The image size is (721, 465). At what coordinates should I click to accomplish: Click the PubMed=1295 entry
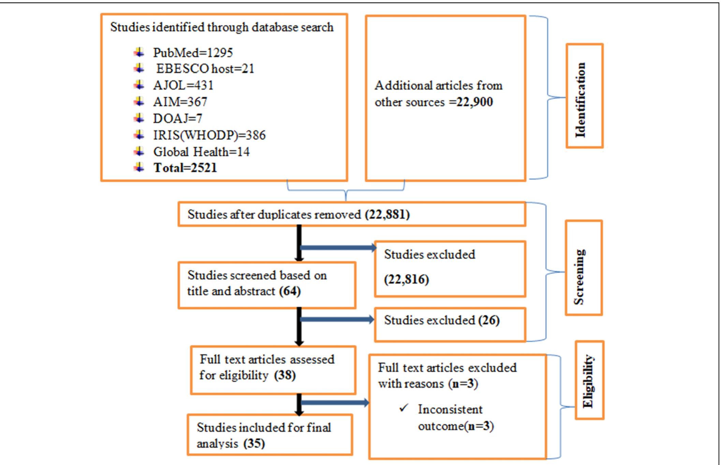[193, 53]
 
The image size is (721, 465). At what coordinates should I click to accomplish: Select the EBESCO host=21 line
[205, 69]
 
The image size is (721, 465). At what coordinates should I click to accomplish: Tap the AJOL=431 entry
[183, 85]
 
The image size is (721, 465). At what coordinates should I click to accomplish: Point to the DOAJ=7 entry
[177, 118]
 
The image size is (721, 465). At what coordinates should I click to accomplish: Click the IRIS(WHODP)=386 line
[209, 135]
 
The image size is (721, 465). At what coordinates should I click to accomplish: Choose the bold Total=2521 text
[185, 168]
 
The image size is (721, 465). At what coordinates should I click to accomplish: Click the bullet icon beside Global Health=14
[139, 151]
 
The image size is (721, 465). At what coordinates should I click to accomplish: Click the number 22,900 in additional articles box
[474, 102]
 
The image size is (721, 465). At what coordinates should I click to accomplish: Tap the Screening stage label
[579, 277]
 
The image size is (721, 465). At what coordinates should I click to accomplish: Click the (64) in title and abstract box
[290, 291]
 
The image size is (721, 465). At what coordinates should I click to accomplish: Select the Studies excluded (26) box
[450, 324]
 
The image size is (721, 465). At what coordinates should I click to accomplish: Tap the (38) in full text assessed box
[285, 375]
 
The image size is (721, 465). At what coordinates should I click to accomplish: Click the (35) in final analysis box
[254, 443]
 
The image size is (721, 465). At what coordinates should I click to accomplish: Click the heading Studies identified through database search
[222, 27]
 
